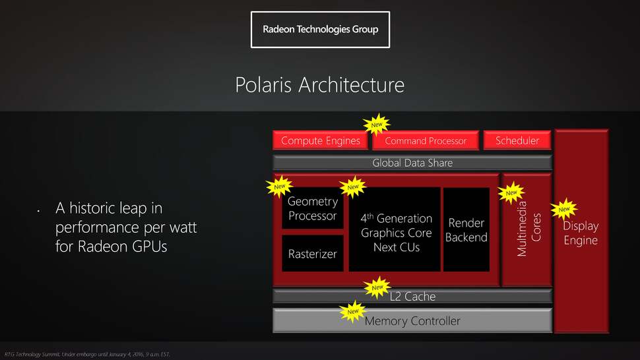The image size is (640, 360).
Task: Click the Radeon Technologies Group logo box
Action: (x=320, y=30)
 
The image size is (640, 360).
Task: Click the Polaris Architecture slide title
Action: (x=320, y=85)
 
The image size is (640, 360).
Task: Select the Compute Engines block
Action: (x=321, y=140)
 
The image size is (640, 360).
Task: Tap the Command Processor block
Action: (x=426, y=140)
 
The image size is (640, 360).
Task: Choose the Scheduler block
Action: (x=517, y=140)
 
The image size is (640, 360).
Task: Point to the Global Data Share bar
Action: (x=412, y=163)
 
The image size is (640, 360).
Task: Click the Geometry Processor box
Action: (x=313, y=208)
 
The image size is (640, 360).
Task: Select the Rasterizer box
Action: (x=313, y=254)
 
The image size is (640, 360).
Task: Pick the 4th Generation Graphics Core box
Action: (x=396, y=232)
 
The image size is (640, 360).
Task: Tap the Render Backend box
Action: (x=466, y=230)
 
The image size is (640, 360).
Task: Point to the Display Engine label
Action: (x=581, y=233)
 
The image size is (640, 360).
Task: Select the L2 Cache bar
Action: (x=412, y=297)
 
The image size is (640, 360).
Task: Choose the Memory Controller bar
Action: (x=412, y=321)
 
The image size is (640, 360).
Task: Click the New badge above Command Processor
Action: (x=377, y=124)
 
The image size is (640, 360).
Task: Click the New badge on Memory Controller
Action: (x=353, y=311)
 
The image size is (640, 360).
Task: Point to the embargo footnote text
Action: (x=87, y=355)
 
